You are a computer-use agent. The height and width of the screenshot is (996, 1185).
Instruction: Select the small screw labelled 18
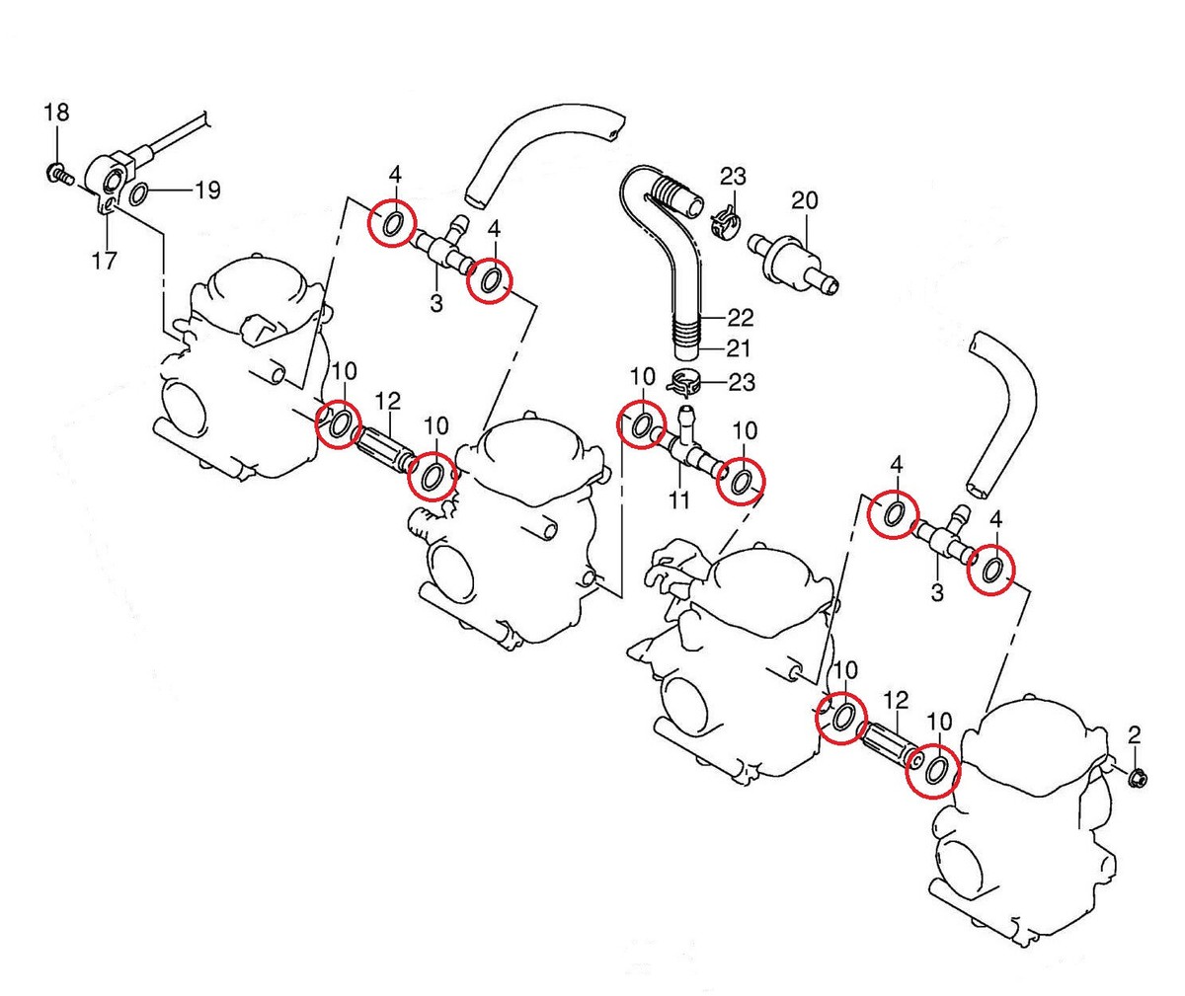click(x=56, y=177)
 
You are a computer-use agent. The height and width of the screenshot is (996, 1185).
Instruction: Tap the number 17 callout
click(x=104, y=261)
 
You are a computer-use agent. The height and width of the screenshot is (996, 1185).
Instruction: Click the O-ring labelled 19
click(x=140, y=192)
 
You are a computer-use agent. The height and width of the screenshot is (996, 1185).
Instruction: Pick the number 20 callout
click(x=804, y=200)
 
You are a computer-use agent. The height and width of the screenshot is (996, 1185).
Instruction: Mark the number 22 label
click(x=740, y=317)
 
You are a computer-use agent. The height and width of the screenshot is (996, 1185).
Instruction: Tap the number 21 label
click(x=738, y=347)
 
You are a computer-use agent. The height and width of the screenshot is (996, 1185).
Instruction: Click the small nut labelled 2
click(x=1136, y=777)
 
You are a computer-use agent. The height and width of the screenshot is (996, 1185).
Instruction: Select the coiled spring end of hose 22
click(x=674, y=191)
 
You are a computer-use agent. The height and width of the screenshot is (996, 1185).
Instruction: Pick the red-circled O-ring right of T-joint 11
click(x=741, y=480)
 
